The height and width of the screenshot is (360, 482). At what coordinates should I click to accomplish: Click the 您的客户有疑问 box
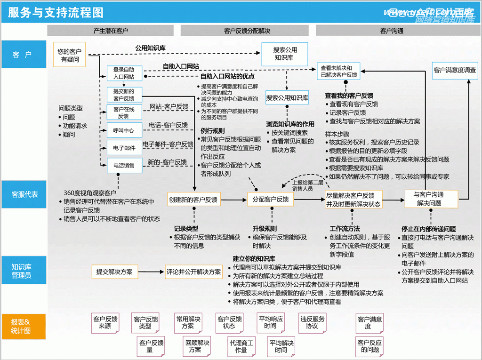70,56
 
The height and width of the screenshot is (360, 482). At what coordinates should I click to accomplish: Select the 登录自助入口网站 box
124,73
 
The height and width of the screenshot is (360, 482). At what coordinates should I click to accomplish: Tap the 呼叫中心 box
124,130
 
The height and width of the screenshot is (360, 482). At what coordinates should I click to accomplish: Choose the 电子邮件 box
124,148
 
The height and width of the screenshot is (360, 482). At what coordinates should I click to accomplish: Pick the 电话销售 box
124,166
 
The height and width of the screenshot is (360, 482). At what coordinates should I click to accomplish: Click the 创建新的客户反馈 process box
193,200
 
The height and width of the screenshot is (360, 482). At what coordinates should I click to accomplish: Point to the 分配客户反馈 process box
271,200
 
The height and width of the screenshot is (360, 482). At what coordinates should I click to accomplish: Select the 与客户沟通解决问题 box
429,199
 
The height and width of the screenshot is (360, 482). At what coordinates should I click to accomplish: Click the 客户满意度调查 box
455,71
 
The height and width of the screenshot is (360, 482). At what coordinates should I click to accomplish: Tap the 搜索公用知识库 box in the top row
284,53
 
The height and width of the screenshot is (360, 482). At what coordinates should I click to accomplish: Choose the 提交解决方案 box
114,272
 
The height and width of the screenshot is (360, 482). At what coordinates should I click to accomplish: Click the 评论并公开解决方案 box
193,272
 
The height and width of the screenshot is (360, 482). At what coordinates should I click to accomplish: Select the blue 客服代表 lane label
24,194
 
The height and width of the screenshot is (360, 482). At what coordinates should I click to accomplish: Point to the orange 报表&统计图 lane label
24,326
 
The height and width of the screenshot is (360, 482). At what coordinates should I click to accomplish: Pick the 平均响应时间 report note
271,323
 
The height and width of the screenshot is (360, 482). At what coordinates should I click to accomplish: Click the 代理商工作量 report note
241,347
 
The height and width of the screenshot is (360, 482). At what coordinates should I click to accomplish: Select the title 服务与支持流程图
56,12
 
